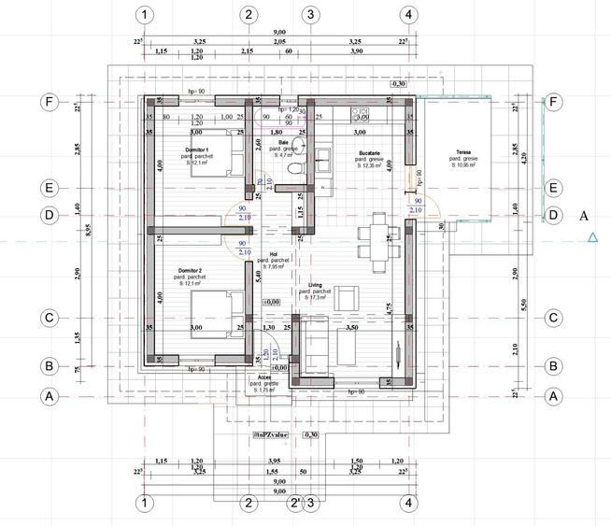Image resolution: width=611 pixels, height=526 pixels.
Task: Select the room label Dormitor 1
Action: pyautogui.click(x=196, y=150)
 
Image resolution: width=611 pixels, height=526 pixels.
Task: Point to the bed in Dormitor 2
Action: pyautogui.click(x=217, y=307)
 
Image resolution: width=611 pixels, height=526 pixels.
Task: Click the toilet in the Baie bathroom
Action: pyautogui.click(x=294, y=168)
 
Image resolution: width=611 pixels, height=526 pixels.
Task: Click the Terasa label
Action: pyautogui.click(x=463, y=152)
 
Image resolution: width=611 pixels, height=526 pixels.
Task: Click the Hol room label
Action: pyautogui.click(x=274, y=253)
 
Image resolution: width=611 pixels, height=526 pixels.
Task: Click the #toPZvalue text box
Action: pyautogui.click(x=271, y=435)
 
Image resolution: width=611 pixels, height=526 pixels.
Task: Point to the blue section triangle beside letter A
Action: pyautogui.click(x=592, y=238)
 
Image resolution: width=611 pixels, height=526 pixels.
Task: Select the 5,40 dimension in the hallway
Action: pyautogui.click(x=257, y=277)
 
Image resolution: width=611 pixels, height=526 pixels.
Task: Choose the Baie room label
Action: pyautogui.click(x=281, y=143)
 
